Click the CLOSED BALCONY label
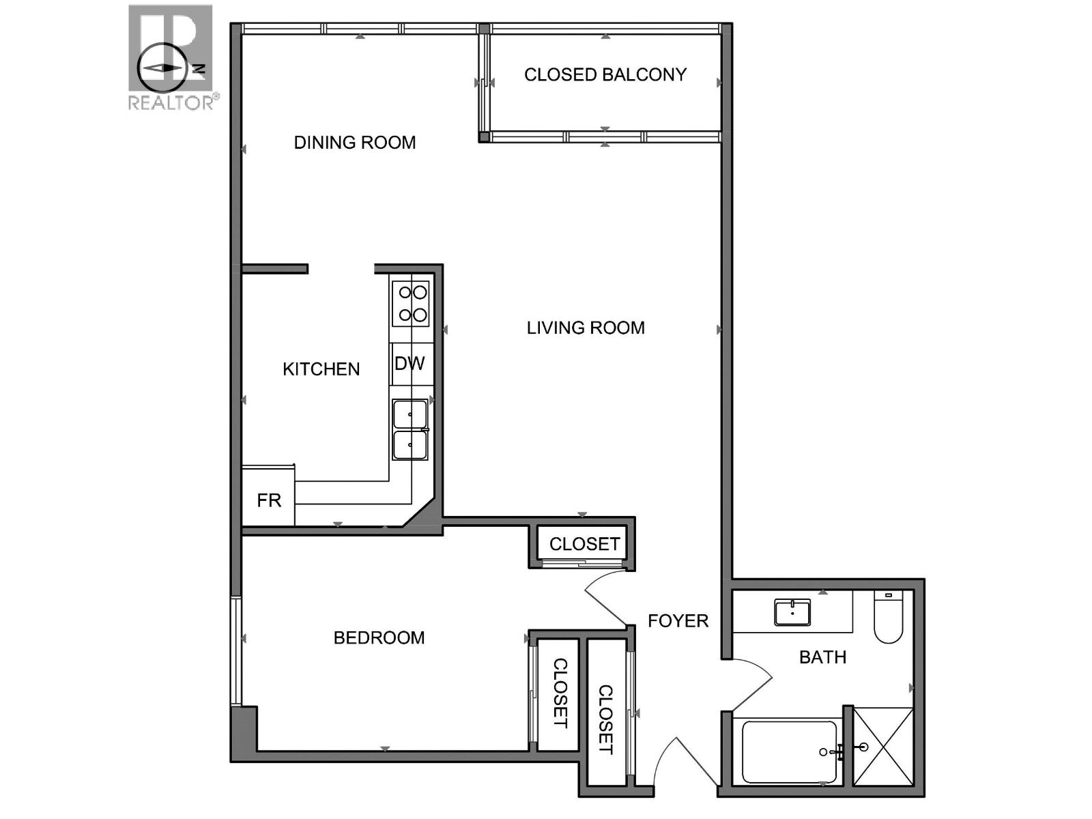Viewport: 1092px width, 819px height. click(605, 74)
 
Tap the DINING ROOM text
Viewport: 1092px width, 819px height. click(354, 143)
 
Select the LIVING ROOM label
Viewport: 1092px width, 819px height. click(586, 328)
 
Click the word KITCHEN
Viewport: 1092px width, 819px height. click(321, 369)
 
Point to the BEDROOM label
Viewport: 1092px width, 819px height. click(379, 638)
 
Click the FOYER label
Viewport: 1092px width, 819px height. click(678, 621)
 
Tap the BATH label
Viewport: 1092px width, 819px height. click(822, 657)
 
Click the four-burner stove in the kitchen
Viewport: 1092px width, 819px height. click(411, 304)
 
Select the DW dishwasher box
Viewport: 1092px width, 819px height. click(410, 364)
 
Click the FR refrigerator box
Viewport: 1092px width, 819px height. click(268, 500)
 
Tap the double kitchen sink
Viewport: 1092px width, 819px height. click(410, 430)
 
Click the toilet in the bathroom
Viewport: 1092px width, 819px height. click(888, 618)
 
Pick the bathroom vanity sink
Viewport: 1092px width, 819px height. click(792, 612)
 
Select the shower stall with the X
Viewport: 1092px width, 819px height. click(883, 747)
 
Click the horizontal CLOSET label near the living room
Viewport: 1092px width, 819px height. click(584, 544)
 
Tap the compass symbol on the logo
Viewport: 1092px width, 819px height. click(162, 68)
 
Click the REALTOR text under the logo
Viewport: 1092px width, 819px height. click(171, 103)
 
